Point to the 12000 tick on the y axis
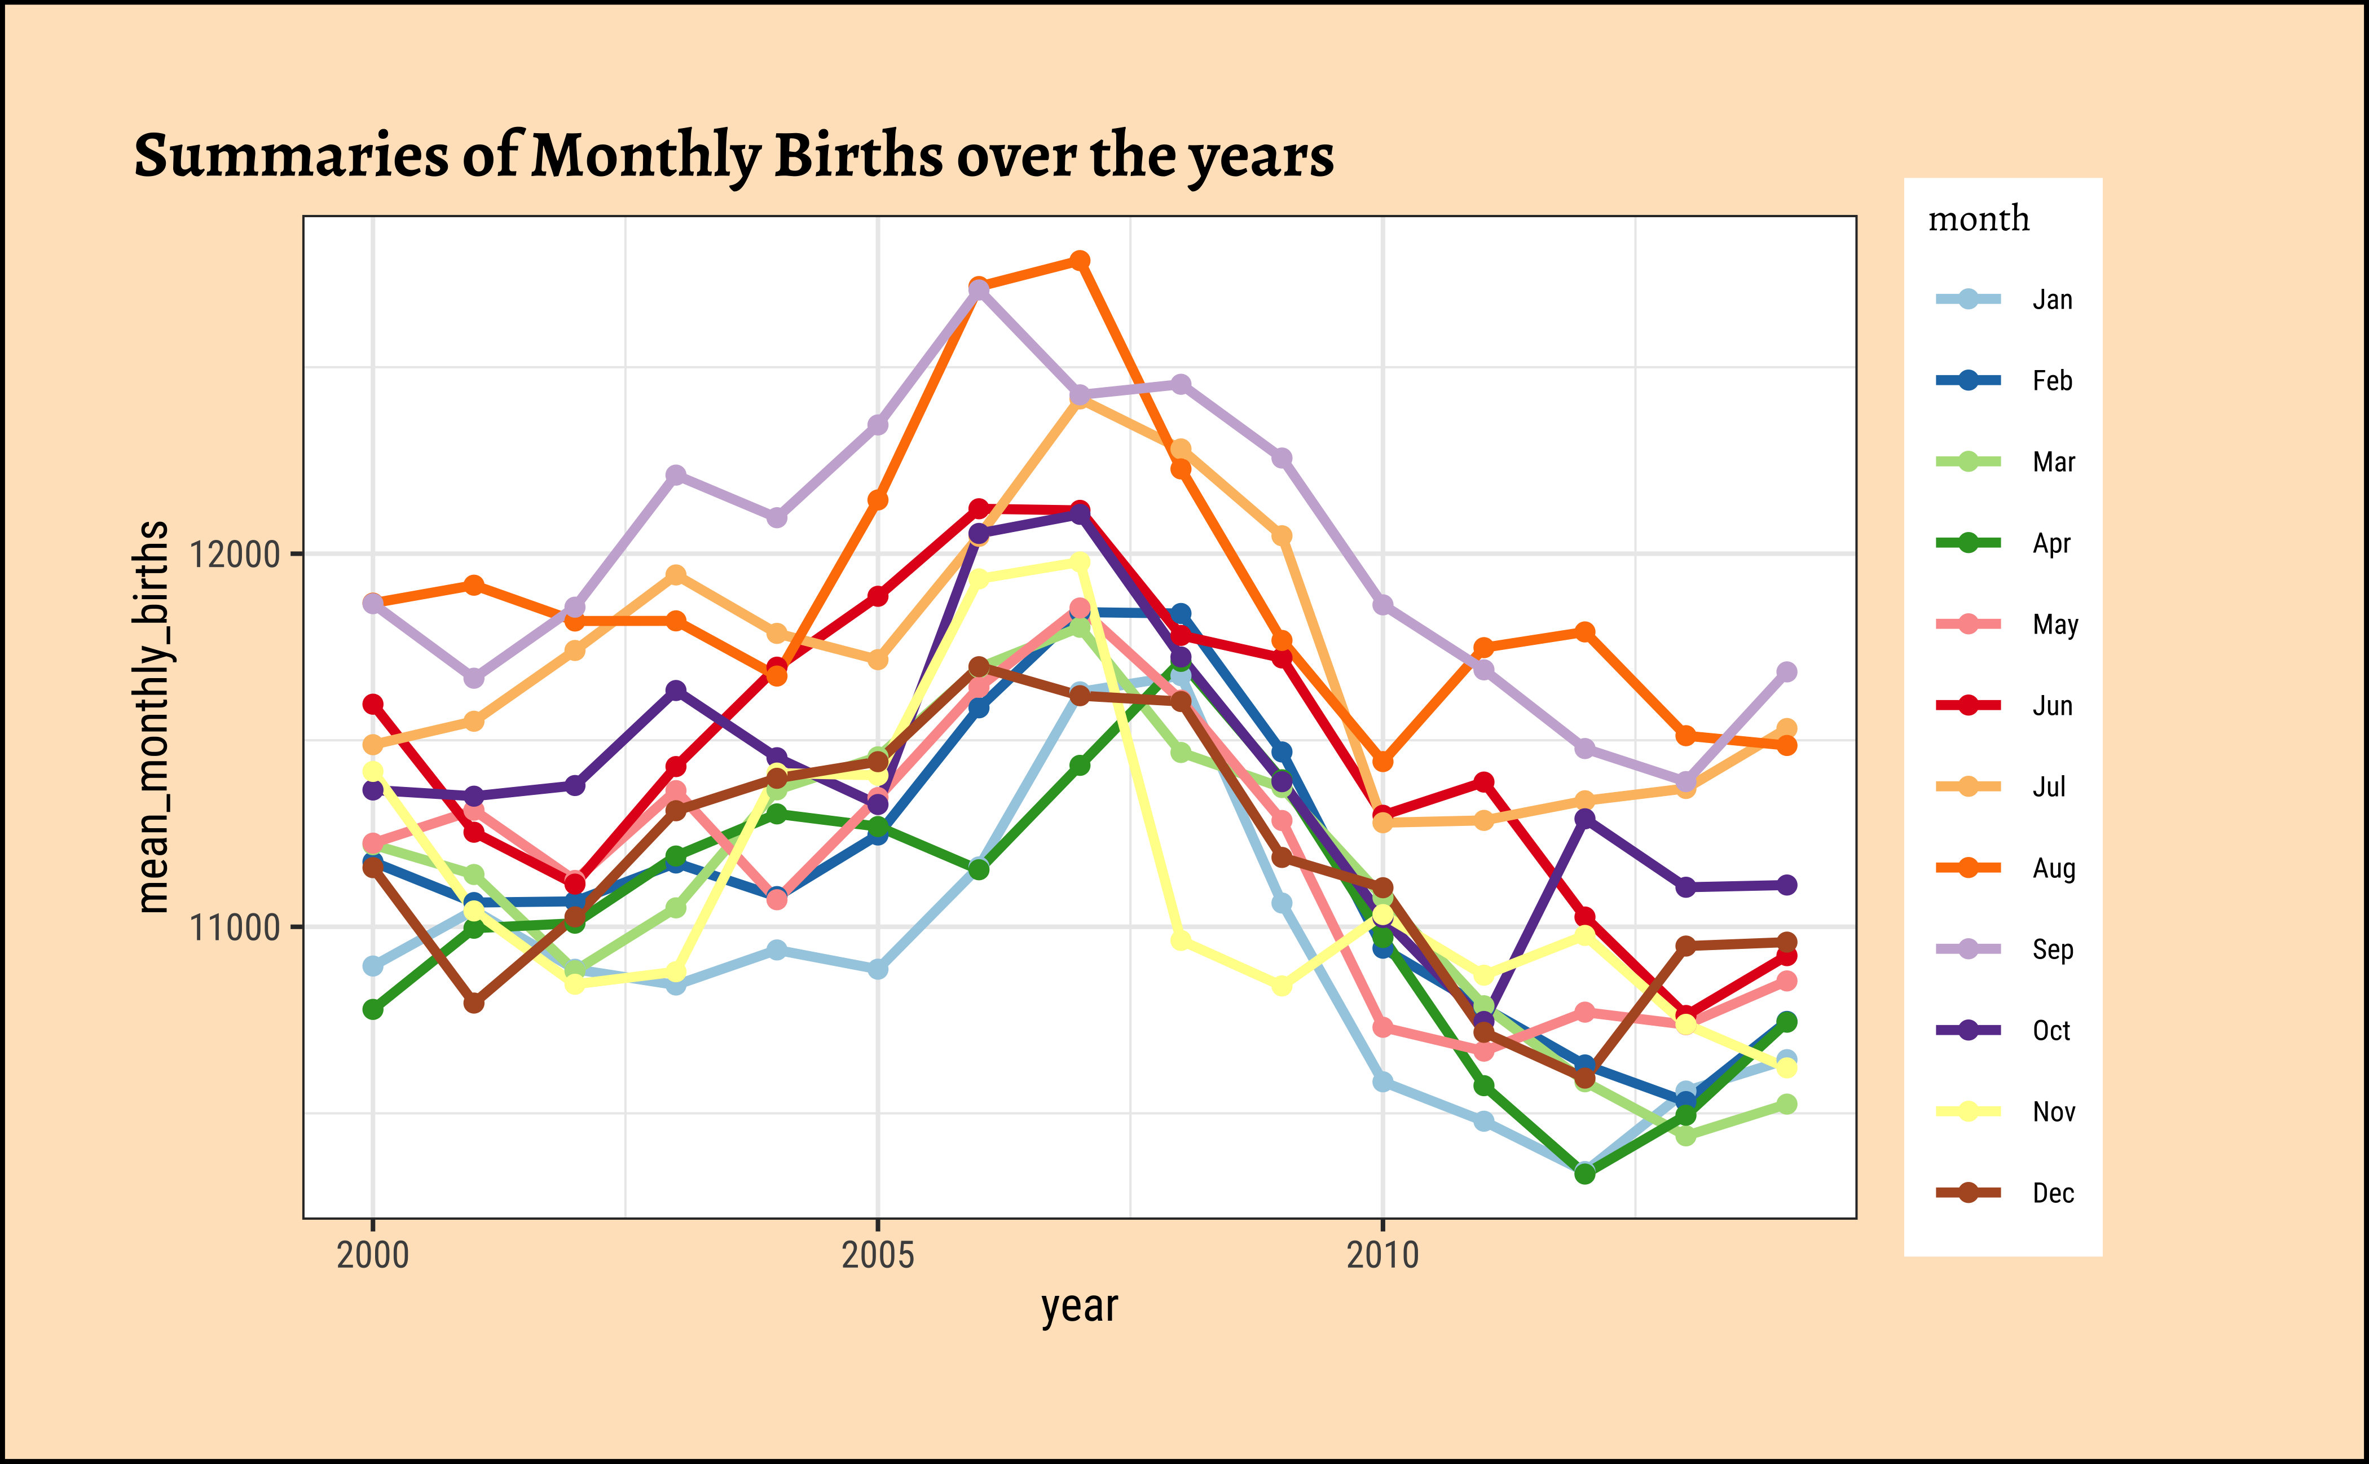click(x=234, y=555)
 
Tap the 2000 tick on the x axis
click(x=373, y=1255)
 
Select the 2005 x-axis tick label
click(x=878, y=1255)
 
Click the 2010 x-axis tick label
click(x=1382, y=1255)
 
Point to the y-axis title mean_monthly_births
click(x=153, y=716)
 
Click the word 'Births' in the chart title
click(x=858, y=155)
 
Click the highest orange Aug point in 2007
click(x=1080, y=261)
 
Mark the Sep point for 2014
click(x=1787, y=672)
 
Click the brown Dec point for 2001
click(x=473, y=1003)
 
